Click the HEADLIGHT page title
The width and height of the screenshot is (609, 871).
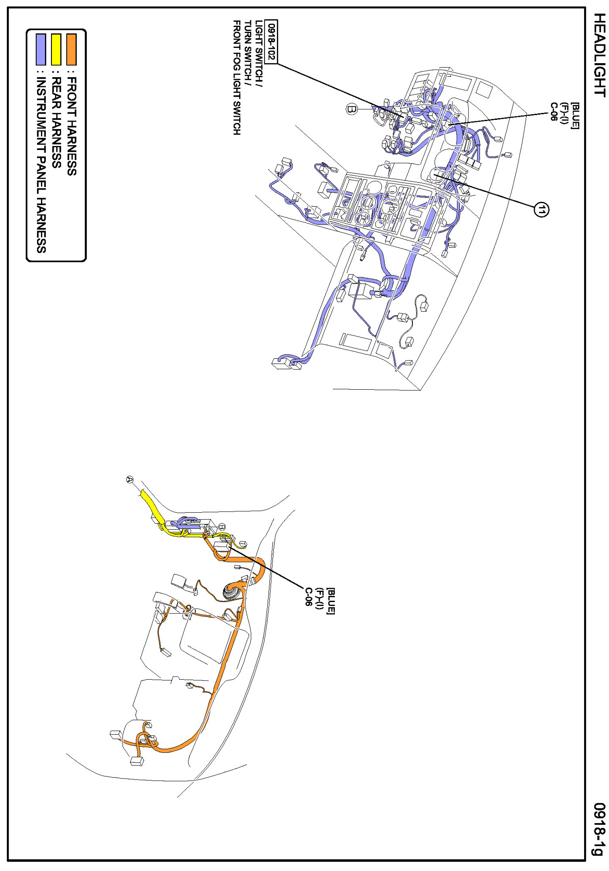pos(600,55)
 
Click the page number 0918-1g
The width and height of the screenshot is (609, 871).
pos(600,829)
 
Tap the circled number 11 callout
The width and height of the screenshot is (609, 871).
pos(541,210)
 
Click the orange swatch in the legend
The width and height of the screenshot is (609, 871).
pos(71,49)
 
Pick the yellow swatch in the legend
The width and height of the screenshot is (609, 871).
pos(56,49)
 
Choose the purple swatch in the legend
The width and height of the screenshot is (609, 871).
pos(41,49)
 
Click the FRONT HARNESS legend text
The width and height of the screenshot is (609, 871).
pos(71,126)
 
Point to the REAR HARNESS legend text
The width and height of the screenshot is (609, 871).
pos(56,122)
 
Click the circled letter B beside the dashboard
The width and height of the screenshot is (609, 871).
pos(352,109)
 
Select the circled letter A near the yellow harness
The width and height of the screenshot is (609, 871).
pos(129,479)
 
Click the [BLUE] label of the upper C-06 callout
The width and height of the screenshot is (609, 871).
pos(575,116)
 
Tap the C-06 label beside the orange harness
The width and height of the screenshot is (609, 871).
pos(309,597)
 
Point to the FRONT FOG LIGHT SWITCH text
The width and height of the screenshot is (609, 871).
pos(236,77)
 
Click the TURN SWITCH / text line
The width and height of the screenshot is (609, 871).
pos(248,50)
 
